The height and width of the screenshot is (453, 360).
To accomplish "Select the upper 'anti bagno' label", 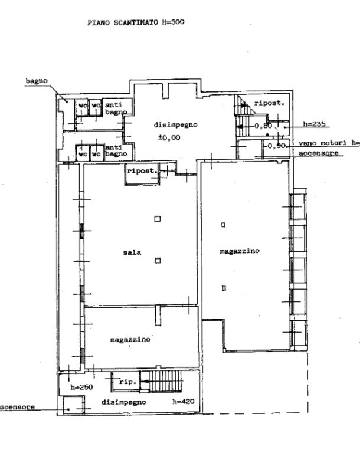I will coord(114,108).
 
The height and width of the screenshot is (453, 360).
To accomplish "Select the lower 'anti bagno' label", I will coord(116,150).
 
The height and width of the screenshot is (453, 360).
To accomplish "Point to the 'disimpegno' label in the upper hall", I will coord(175,125).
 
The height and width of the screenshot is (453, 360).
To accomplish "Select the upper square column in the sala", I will coord(158,219).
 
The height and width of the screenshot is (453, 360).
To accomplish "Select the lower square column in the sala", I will coord(158,260).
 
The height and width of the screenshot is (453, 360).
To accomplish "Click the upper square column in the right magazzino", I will coord(223,224).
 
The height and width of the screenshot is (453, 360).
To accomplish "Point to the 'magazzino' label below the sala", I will coord(130,340).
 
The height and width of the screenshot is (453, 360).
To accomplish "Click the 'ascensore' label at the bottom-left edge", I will coord(18,407).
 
